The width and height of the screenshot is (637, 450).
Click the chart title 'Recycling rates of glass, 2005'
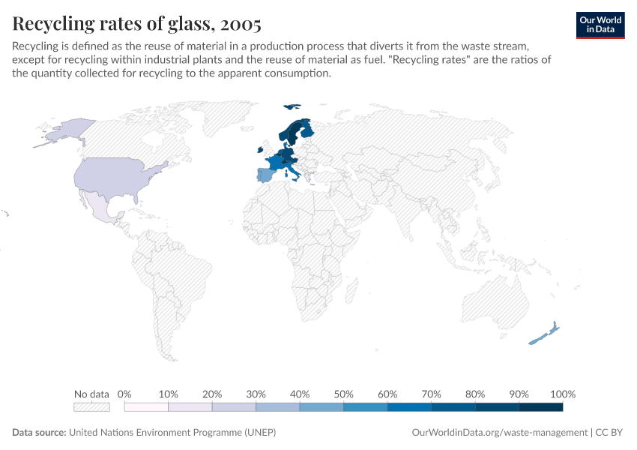point(136,24)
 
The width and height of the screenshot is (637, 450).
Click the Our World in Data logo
point(600,25)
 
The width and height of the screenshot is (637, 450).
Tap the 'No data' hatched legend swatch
point(91,407)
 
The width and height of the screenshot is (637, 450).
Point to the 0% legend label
point(124,394)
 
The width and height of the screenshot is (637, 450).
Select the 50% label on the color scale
point(343,394)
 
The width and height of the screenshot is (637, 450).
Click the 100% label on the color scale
point(562,394)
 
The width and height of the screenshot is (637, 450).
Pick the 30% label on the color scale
point(256,394)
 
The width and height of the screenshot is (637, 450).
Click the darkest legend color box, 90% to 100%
point(540,407)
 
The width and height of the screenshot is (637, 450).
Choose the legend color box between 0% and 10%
point(146,407)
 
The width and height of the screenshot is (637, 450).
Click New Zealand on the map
point(544,334)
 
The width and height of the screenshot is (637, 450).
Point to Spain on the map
point(267,176)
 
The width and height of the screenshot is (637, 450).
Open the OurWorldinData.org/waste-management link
point(500,433)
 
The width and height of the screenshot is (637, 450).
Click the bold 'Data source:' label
point(39,433)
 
